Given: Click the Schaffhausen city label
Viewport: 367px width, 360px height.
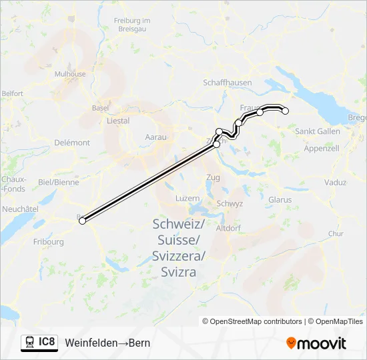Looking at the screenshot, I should click(x=228, y=82).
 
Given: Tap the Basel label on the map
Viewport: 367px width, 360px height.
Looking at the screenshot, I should click(x=100, y=107).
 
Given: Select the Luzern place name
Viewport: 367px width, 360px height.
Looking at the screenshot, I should click(x=187, y=199).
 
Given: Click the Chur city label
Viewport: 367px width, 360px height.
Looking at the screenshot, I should click(x=336, y=234).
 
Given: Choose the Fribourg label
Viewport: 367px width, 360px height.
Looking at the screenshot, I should click(x=49, y=241).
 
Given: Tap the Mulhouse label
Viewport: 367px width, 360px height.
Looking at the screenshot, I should click(x=70, y=75).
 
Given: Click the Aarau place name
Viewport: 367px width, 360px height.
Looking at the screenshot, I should click(x=155, y=137).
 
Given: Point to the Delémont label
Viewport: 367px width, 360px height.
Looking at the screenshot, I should click(x=72, y=143).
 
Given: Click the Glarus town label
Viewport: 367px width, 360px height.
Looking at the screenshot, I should click(x=280, y=199).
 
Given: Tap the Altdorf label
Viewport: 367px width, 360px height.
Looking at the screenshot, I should click(x=228, y=227).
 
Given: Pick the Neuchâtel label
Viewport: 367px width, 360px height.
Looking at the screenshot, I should click(x=19, y=209).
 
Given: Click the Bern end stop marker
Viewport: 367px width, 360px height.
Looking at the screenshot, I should click(x=83, y=221).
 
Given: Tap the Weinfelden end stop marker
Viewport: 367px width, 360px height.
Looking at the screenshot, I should click(x=286, y=111).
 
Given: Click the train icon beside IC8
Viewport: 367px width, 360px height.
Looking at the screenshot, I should click(x=30, y=343).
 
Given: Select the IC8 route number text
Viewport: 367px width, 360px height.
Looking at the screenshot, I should click(x=47, y=343).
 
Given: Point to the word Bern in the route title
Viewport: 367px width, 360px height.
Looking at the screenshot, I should click(x=139, y=343).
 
